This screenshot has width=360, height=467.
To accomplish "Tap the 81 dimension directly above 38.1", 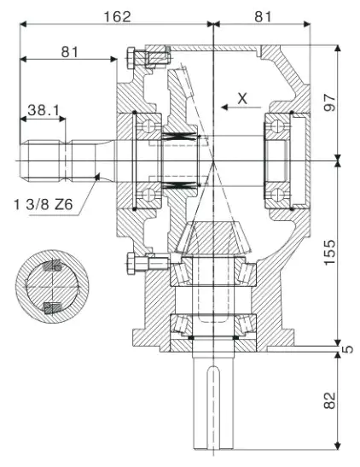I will (71, 52).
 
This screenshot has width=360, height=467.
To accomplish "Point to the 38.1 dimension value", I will (43, 110).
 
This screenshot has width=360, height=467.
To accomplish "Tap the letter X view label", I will (242, 98).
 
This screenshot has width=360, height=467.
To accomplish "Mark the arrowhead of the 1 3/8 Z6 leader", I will (102, 176).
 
